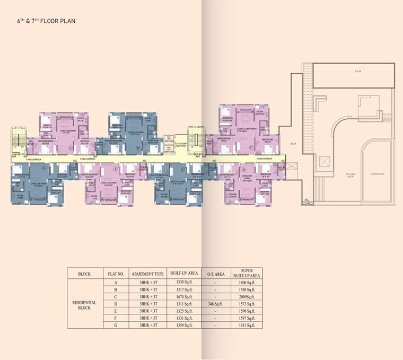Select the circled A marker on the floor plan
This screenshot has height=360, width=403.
(70, 147)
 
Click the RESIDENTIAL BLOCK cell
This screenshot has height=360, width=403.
(84, 305)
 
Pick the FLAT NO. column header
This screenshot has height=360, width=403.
(116, 274)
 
